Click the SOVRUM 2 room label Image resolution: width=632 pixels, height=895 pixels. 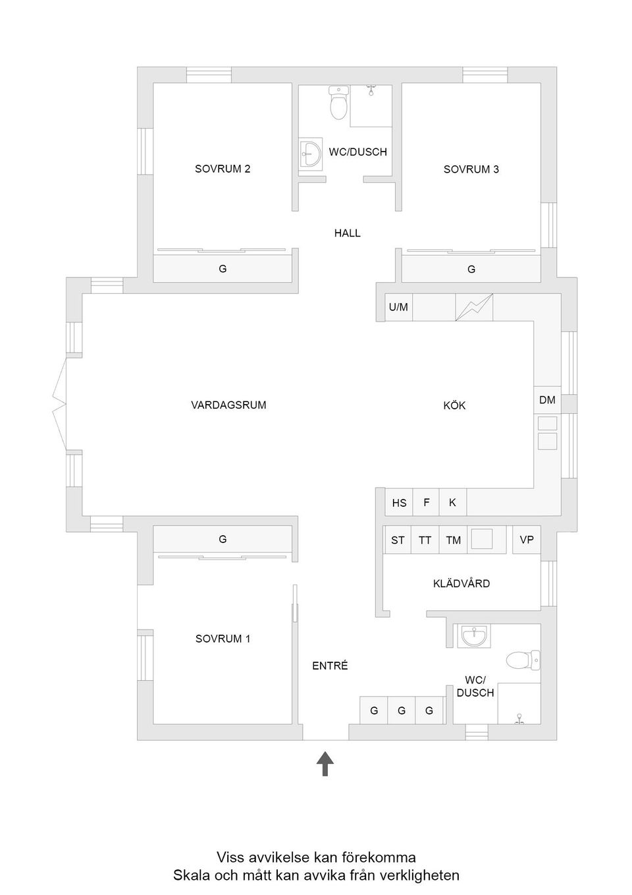coord(223,169)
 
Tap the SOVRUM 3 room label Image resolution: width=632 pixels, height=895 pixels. coord(471,169)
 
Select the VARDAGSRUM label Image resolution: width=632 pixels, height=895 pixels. coord(228,405)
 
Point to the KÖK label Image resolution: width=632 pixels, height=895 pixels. coord(454,405)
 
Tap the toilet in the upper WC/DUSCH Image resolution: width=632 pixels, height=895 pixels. coord(338,103)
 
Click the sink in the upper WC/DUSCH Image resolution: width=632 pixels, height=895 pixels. coord(309,155)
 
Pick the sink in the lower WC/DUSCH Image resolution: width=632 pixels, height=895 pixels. coord(474,636)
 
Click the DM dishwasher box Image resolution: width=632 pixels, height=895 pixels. coord(547,400)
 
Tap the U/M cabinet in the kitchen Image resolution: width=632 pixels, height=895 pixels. coord(398,307)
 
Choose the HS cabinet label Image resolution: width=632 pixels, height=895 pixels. coord(399,503)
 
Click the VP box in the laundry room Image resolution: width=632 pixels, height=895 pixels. coord(527,540)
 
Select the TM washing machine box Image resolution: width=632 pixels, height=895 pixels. coord(453,540)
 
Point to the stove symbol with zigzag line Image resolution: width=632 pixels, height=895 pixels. coord(474,307)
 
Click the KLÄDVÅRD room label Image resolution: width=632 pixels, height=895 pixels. coord(461,583)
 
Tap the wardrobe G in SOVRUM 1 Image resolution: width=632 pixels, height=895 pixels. coord(223,539)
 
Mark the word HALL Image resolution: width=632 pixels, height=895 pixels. coord(347,233)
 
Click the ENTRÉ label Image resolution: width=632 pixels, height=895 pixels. coord(330,666)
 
